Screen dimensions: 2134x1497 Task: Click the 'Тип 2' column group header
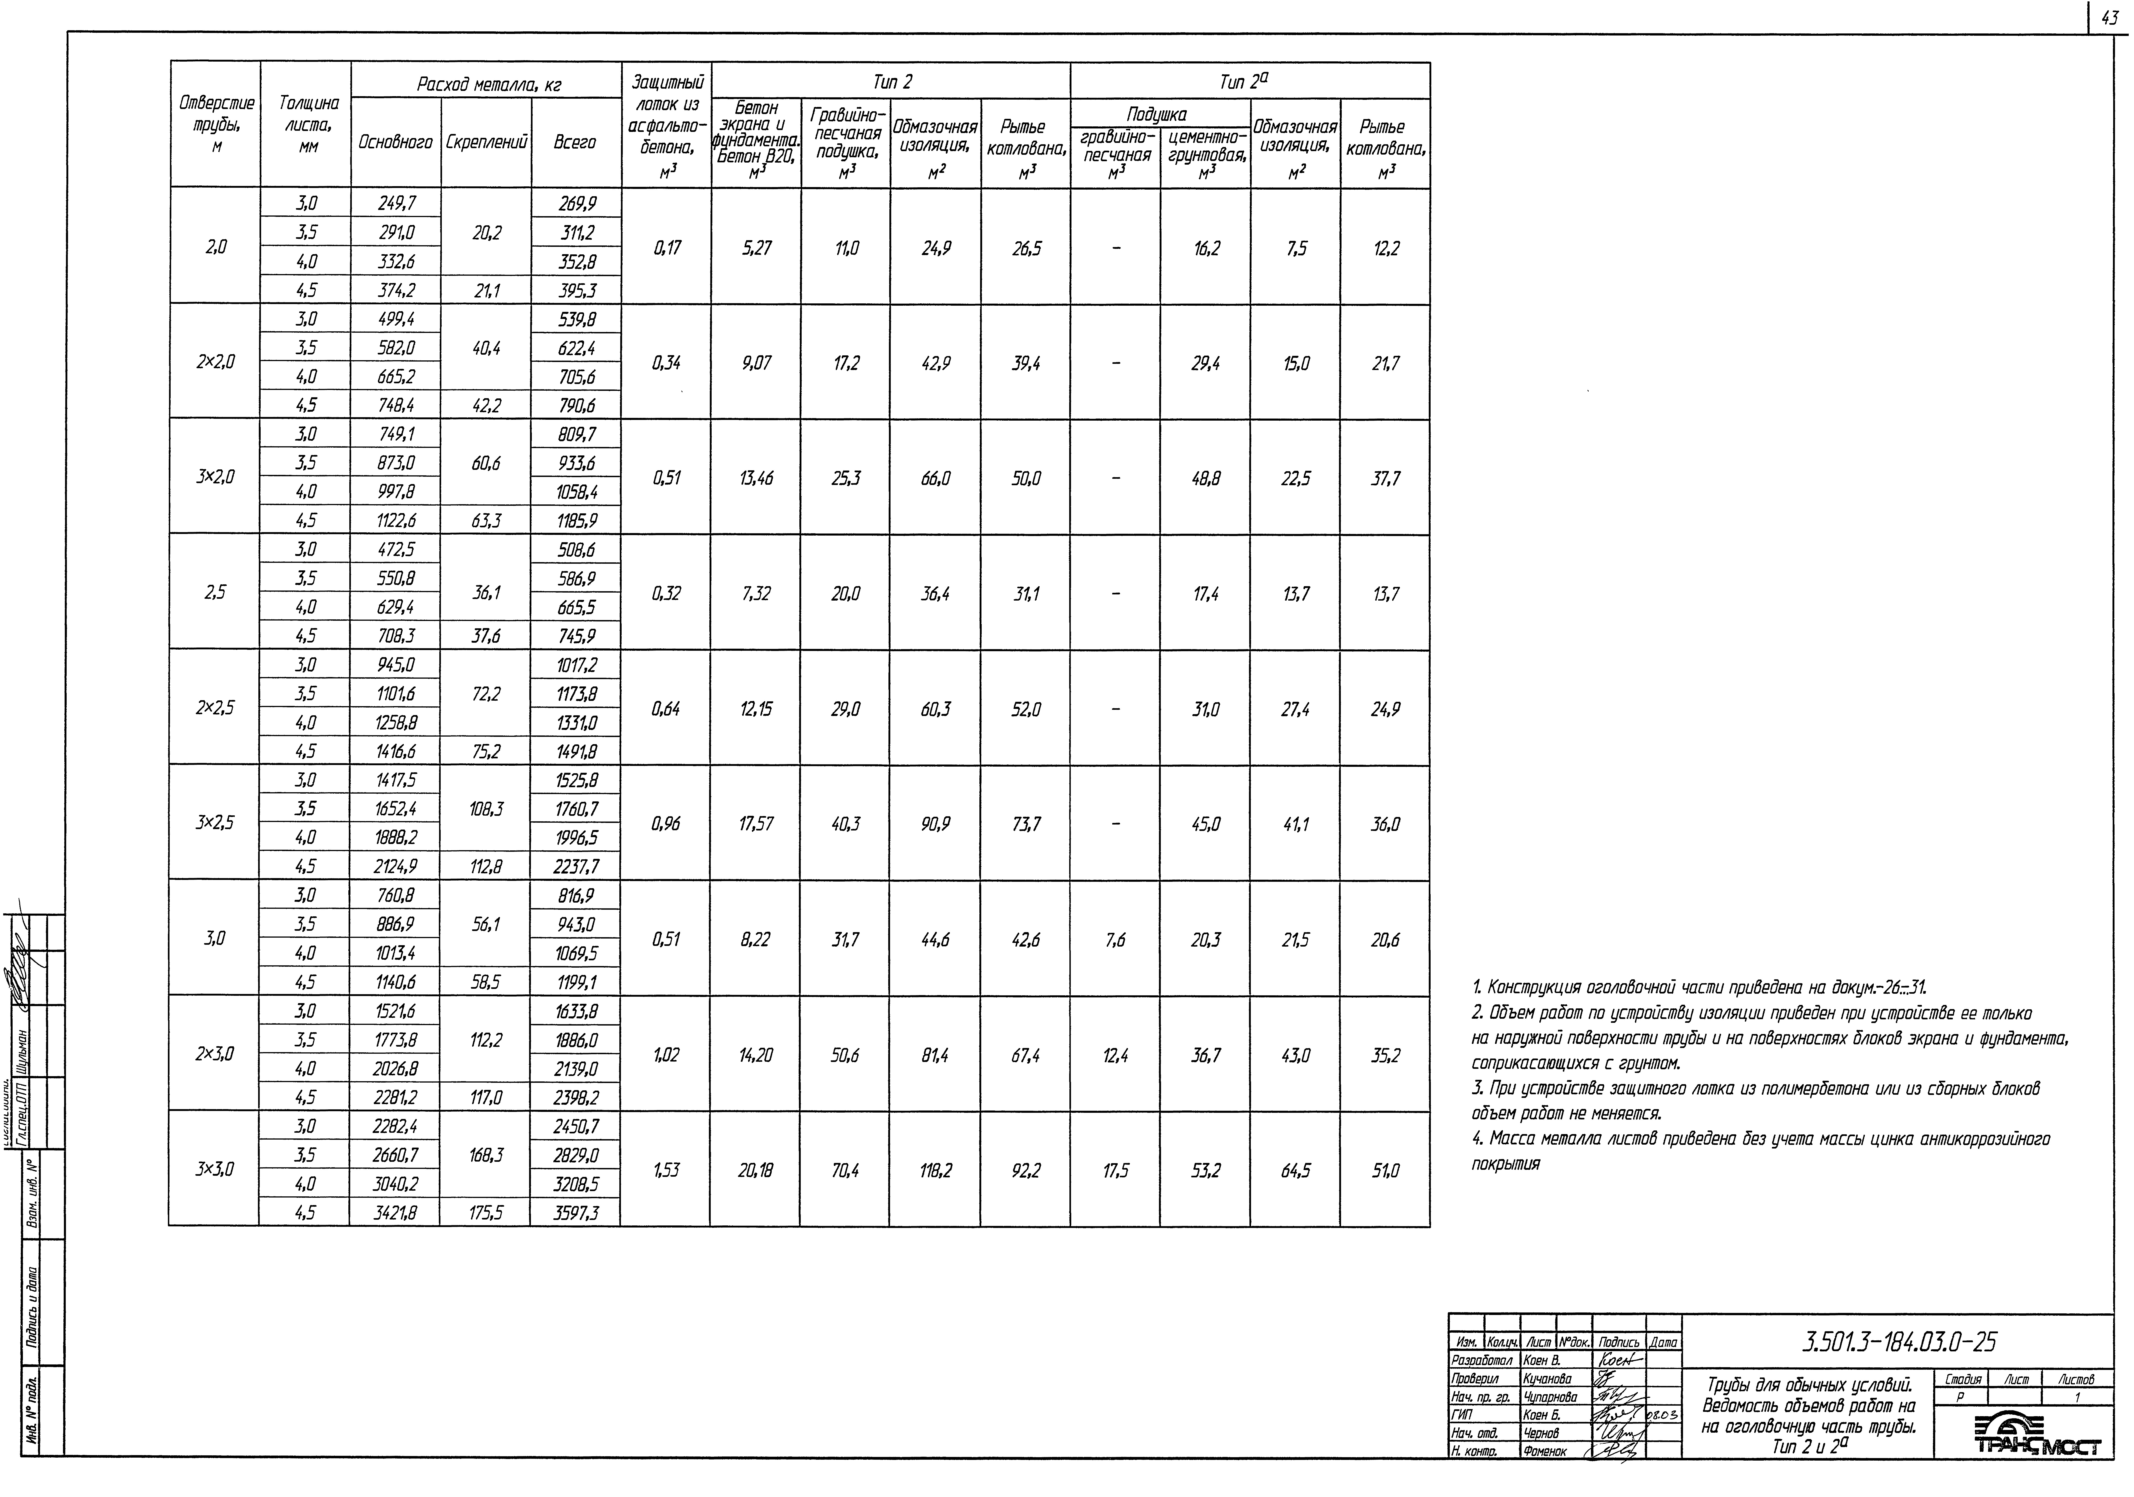pos(891,82)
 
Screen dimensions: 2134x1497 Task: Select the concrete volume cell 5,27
pos(756,248)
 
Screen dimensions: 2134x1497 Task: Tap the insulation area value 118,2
pos(935,1171)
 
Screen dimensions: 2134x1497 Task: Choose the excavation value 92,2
pos(1025,1171)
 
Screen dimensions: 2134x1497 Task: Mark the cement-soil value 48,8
pos(1205,479)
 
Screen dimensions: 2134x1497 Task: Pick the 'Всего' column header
pos(575,142)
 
